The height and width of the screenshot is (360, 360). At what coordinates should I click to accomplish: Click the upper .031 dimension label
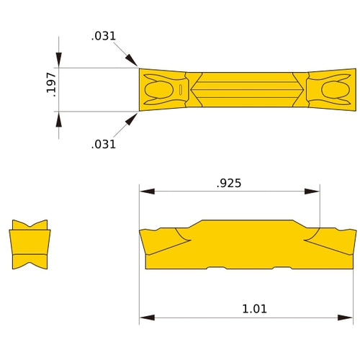104,36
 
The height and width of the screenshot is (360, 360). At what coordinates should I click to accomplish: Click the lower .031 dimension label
104,144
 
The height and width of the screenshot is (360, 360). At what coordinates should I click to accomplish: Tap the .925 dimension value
229,183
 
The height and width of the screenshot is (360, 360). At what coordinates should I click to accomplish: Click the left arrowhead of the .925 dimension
147,192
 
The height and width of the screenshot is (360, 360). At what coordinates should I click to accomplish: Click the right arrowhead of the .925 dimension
312,192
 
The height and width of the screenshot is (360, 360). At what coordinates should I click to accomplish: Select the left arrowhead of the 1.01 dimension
147,317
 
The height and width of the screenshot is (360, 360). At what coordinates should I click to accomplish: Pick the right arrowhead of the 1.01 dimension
348,317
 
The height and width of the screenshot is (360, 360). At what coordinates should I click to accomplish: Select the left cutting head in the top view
162,89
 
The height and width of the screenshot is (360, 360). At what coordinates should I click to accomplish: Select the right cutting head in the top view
331,89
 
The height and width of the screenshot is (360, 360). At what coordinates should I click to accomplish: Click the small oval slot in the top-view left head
178,90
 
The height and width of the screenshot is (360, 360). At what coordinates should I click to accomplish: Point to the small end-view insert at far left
30,244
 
